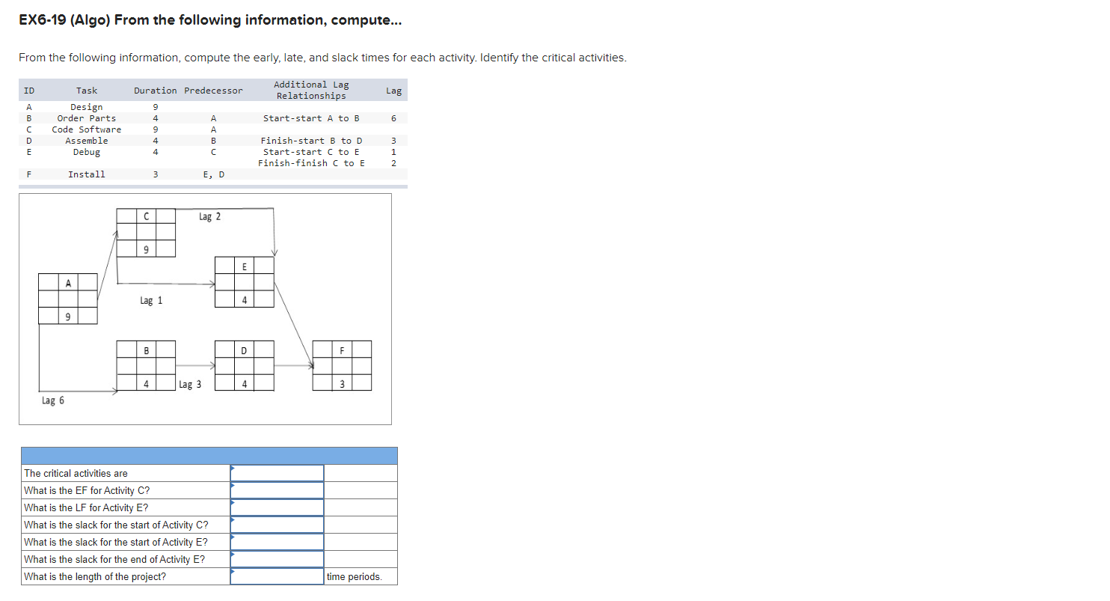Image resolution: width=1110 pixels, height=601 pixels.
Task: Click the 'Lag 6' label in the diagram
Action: tap(52, 400)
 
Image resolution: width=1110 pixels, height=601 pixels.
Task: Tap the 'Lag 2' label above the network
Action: tap(209, 217)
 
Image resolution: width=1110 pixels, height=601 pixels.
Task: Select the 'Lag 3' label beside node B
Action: tap(191, 385)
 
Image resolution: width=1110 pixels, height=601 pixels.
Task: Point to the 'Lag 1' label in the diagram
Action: tap(150, 301)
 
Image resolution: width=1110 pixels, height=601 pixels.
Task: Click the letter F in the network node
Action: tap(342, 350)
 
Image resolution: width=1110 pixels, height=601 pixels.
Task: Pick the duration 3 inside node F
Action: tap(342, 385)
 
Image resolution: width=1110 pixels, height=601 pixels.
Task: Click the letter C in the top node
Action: tap(146, 216)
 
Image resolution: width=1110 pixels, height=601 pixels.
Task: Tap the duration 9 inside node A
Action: tap(68, 317)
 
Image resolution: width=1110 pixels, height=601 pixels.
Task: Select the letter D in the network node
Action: tap(244, 350)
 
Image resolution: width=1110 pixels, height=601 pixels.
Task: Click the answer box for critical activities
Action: tap(277, 473)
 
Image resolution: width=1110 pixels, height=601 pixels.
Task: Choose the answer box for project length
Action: tap(277, 576)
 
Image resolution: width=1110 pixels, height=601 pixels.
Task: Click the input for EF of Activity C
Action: tap(277, 490)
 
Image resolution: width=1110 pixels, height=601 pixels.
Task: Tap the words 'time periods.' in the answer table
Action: tap(354, 577)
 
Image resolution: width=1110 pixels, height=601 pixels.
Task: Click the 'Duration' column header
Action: tap(156, 91)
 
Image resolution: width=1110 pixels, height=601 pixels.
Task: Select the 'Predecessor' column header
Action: tap(213, 91)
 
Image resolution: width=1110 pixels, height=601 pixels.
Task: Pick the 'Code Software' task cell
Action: tap(87, 129)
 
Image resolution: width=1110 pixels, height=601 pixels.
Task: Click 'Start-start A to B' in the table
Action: tap(311, 118)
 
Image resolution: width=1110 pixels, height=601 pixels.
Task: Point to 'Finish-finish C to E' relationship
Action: tap(311, 163)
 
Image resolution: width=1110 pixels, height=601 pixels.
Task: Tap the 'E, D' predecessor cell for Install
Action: tap(213, 174)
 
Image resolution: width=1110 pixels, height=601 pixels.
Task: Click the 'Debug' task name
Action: tap(87, 152)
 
